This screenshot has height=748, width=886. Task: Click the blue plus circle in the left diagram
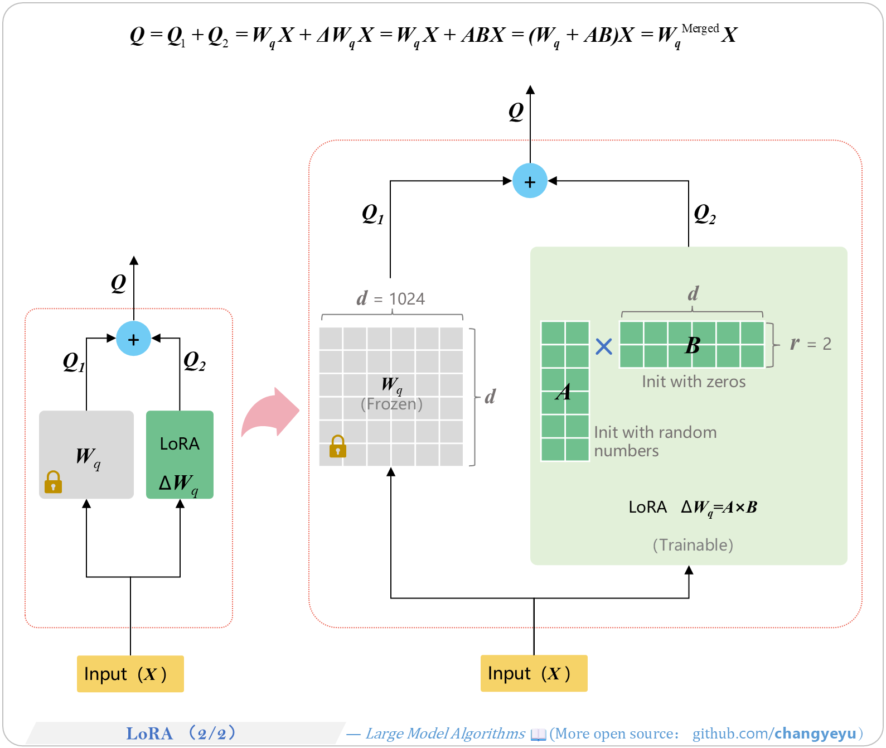(x=134, y=339)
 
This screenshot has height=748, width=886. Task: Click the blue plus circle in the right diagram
(x=530, y=181)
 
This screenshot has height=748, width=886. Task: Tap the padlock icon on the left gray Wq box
(x=54, y=482)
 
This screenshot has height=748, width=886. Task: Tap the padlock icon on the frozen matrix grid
(x=338, y=446)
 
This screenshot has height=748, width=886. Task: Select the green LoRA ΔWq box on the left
(x=180, y=454)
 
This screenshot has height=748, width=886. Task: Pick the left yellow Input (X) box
(x=130, y=674)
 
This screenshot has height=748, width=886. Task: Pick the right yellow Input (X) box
(x=534, y=673)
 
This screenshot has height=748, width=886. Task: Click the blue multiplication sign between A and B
(x=603, y=346)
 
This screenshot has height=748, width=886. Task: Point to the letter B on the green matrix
(x=693, y=346)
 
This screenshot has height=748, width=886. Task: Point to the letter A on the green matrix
(x=564, y=392)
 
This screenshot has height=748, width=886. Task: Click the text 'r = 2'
(x=811, y=344)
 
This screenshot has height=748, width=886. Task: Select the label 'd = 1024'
(x=390, y=298)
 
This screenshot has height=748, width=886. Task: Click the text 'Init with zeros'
(x=693, y=382)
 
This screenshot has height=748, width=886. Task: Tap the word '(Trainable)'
(x=693, y=544)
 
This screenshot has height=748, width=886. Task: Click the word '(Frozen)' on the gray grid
(x=391, y=404)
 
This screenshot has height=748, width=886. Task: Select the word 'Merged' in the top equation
(x=700, y=28)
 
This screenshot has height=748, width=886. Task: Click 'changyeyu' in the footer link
(x=815, y=733)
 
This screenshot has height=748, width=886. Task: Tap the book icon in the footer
(x=538, y=735)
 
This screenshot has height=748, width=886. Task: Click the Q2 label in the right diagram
(x=704, y=214)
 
